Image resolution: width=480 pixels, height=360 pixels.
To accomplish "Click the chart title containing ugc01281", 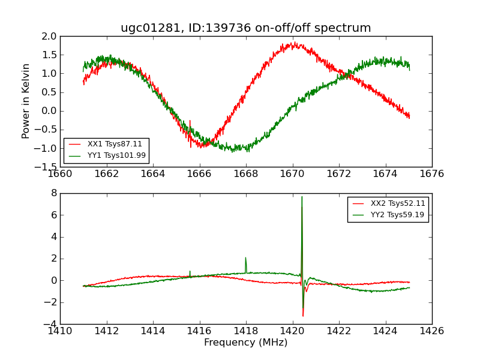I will point(245,28).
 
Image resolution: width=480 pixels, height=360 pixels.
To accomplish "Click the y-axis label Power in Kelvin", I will point(26,101).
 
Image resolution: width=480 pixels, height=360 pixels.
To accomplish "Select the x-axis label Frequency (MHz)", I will point(245,343).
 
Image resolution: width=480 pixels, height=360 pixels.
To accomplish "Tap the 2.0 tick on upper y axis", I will point(50,37).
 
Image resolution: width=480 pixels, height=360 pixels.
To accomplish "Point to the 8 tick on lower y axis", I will point(53,193).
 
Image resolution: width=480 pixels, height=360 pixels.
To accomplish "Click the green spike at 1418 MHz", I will point(245,258).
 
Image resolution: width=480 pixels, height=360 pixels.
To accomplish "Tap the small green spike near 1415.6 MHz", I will point(190,271).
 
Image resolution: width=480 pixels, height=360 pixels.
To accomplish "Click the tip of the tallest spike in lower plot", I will point(302,197).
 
